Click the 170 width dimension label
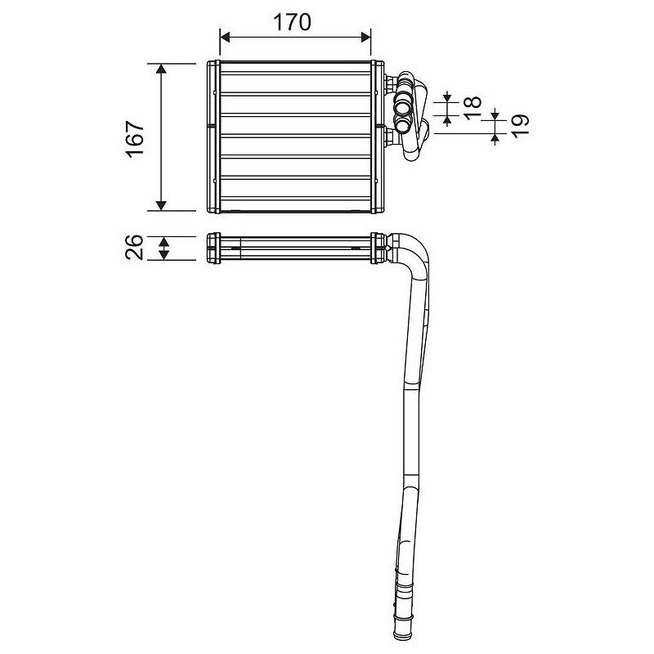click(292, 23)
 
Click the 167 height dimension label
click(136, 139)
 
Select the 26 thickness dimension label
click(135, 248)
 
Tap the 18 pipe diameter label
click(473, 108)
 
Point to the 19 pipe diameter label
click(520, 126)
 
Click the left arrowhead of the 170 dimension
click(225, 37)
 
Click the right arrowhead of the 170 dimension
click(365, 37)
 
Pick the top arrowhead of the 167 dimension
click(161, 69)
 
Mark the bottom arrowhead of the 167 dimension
click(161, 205)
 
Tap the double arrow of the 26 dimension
click(164, 249)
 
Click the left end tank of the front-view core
click(213, 137)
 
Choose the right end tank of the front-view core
click(378, 137)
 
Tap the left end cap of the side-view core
click(213, 249)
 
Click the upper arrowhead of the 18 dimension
click(447, 99)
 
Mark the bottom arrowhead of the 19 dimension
click(495, 137)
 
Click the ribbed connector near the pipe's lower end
click(403, 592)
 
